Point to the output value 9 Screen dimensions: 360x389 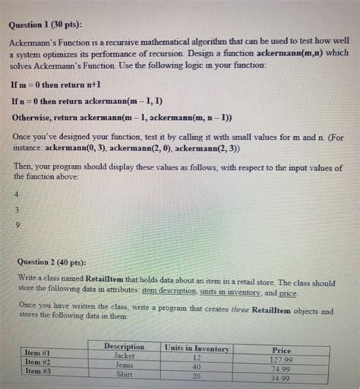coord(17,225)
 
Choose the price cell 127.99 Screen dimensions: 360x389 coord(281,360)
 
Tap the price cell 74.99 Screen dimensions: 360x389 coord(283,369)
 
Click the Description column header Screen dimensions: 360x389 coord(124,346)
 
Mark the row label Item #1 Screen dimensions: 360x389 coord(37,353)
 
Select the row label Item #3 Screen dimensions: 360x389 coord(37,372)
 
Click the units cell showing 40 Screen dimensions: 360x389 coord(196,367)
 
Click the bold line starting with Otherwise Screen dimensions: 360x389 coord(122,117)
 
